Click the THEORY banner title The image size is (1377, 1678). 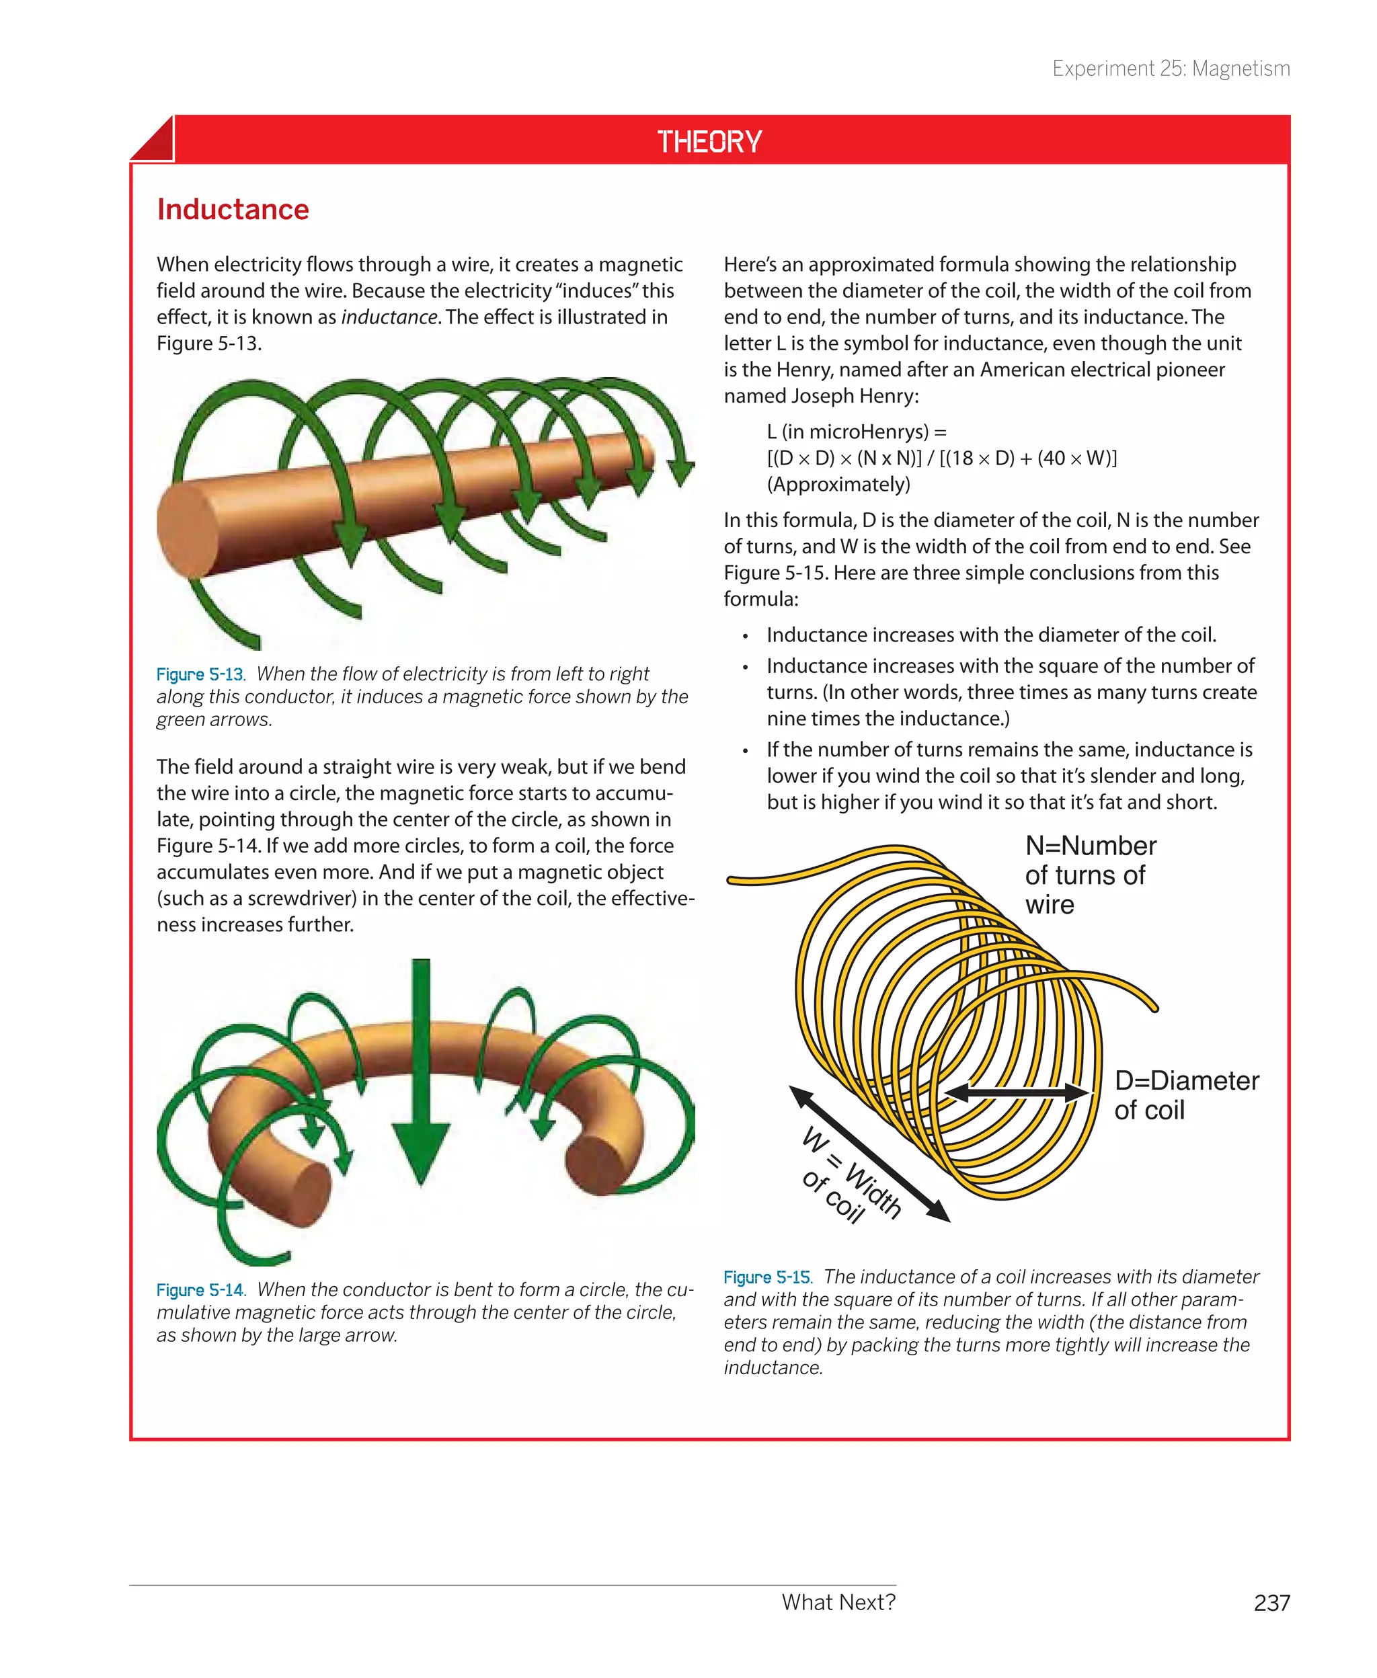[709, 142]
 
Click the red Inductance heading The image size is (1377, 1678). [233, 209]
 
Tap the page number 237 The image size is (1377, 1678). [1271, 1603]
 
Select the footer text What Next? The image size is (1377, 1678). [838, 1602]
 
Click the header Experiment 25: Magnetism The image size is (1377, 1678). [1170, 69]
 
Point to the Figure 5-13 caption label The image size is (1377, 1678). [200, 675]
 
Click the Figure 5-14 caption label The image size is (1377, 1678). [200, 1290]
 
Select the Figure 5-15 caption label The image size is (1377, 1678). [767, 1277]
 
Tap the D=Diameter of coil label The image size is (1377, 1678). [1185, 1095]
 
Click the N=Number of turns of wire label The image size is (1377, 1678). [1089, 875]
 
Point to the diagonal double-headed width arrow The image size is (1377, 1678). [869, 1153]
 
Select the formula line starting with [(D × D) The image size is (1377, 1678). [941, 458]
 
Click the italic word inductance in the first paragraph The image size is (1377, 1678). [389, 317]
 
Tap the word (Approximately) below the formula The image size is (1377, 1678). [838, 485]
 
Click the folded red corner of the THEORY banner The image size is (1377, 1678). [153, 140]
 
